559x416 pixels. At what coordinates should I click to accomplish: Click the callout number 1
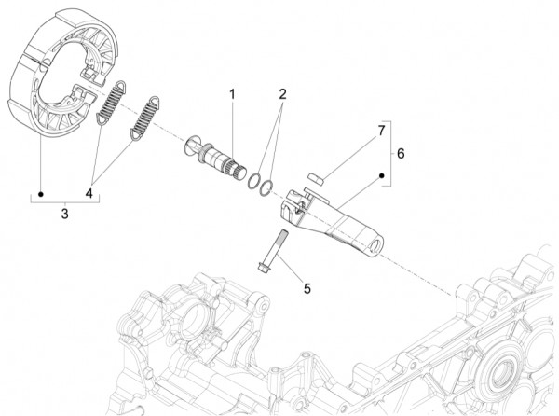click(233, 94)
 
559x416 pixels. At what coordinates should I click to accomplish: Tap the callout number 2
click(281, 94)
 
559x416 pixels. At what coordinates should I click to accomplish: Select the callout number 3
click(63, 214)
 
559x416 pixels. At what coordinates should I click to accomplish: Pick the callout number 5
click(307, 288)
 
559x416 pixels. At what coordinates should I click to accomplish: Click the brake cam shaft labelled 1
click(223, 152)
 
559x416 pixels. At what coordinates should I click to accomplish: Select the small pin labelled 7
click(317, 173)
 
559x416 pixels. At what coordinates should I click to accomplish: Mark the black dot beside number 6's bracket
click(381, 174)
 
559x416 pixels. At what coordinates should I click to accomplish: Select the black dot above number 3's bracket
click(41, 194)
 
